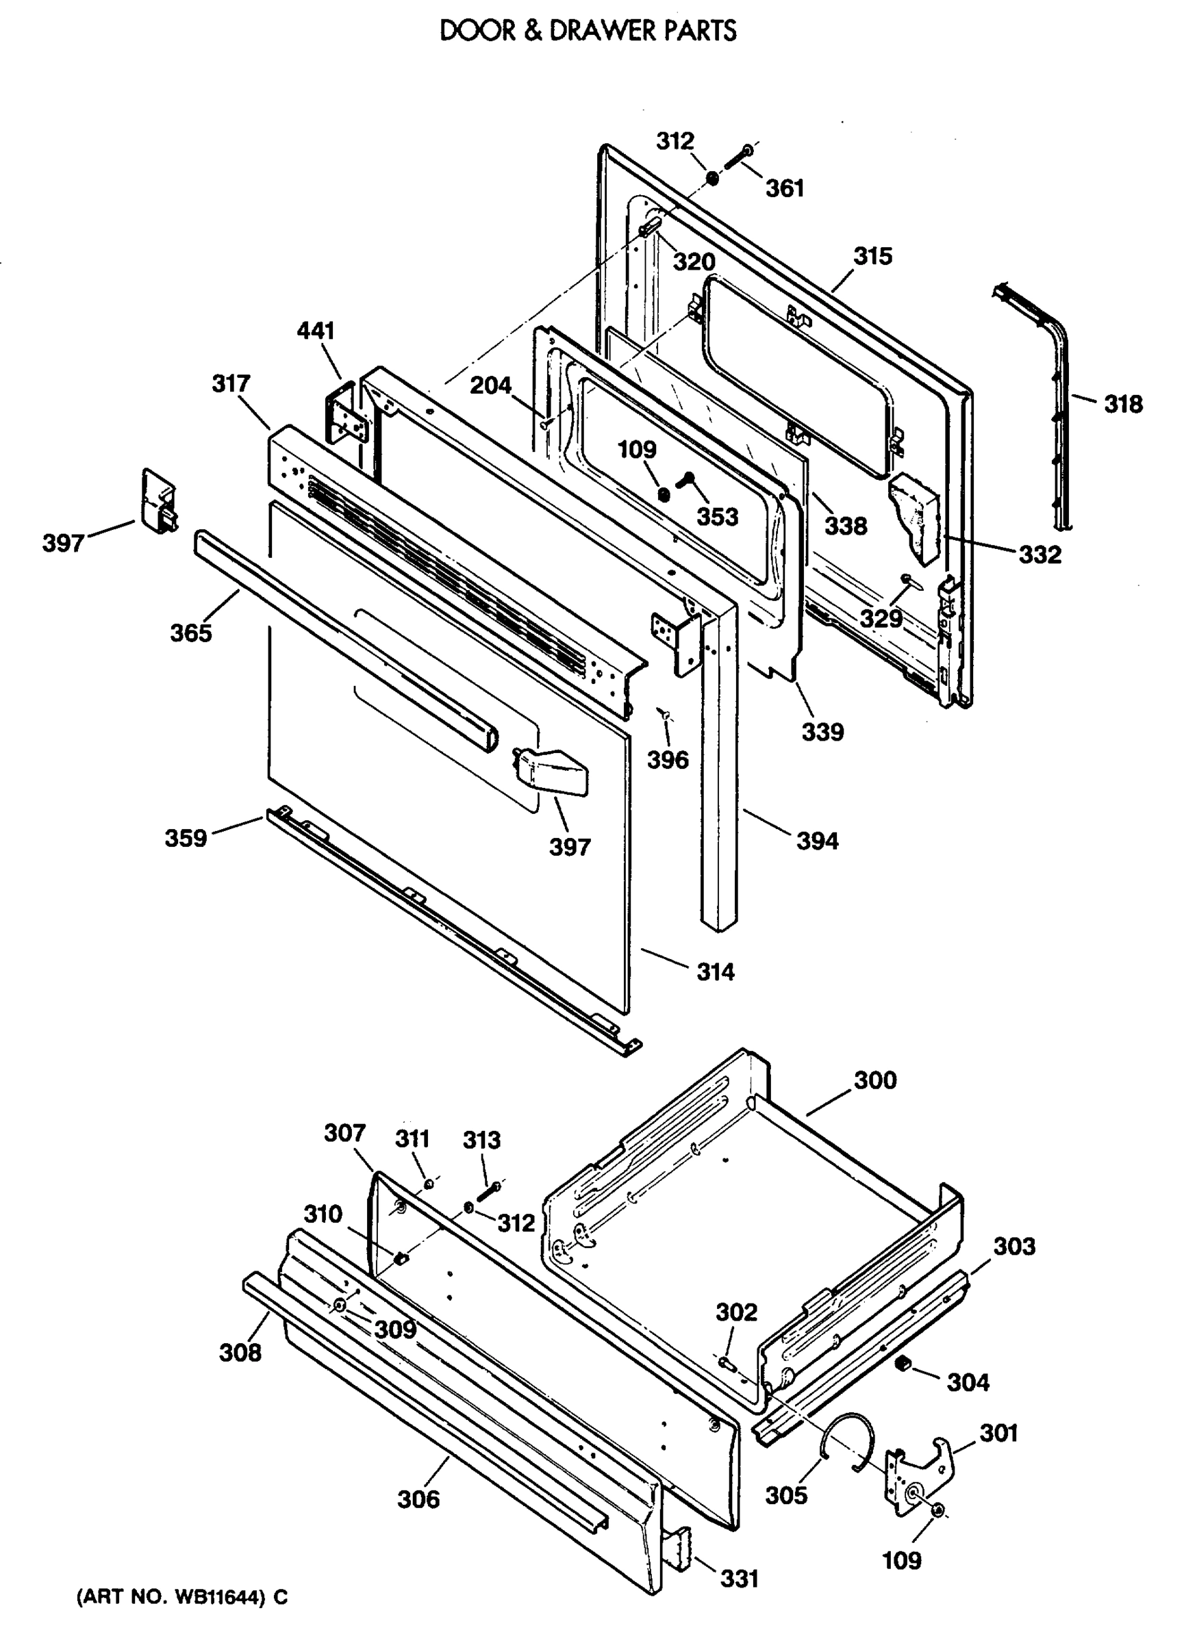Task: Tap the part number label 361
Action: pyautogui.click(x=785, y=188)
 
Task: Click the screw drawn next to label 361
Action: pyautogui.click(x=736, y=157)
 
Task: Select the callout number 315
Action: pyautogui.click(x=872, y=256)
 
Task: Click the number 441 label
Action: pyautogui.click(x=316, y=331)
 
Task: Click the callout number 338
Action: pyautogui.click(x=846, y=526)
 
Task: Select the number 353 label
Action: pyautogui.click(x=718, y=518)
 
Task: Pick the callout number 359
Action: pyautogui.click(x=186, y=838)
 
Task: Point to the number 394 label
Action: pyautogui.click(x=818, y=841)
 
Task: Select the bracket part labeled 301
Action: pyautogui.click(x=920, y=1470)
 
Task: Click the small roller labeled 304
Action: pyautogui.click(x=903, y=1365)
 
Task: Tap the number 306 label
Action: pyautogui.click(x=418, y=1499)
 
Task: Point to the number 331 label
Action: pyautogui.click(x=738, y=1579)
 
